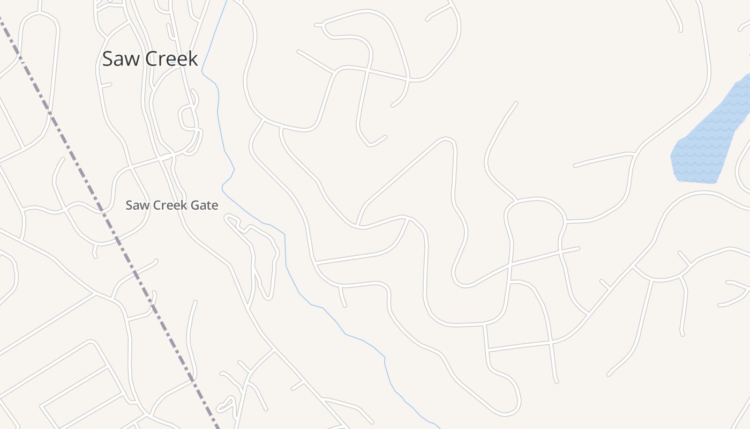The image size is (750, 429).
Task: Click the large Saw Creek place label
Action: (150, 58)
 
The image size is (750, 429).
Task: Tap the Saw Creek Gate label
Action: (171, 205)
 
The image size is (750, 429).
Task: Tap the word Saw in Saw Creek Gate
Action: (135, 205)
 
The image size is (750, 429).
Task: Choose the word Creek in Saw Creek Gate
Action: (169, 205)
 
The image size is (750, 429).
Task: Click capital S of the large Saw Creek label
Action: (108, 58)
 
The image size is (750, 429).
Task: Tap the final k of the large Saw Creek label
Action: (193, 58)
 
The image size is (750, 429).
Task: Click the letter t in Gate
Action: (210, 205)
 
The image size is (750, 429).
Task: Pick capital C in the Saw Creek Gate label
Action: (156, 205)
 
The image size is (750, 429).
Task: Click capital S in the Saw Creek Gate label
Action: (129, 205)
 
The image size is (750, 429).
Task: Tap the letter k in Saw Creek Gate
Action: (184, 205)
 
